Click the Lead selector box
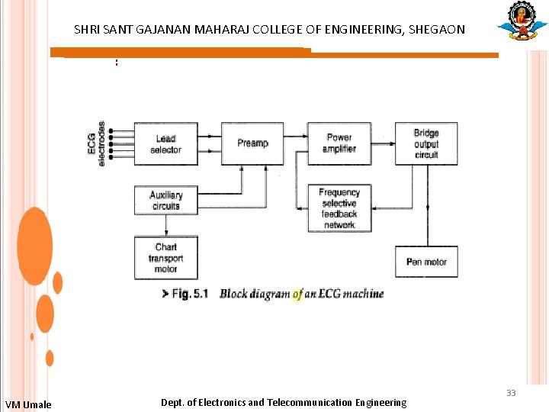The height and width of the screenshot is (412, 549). click(165, 143)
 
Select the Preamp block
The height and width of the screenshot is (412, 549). click(252, 143)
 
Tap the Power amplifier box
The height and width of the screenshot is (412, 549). click(339, 143)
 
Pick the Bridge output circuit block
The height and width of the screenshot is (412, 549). click(426, 143)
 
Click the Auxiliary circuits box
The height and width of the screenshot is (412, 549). click(165, 200)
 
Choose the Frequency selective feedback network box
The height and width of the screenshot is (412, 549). click(339, 208)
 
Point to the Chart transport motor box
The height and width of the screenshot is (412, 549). click(165, 257)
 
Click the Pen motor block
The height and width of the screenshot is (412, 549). click(426, 262)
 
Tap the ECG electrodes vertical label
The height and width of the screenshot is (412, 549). click(97, 143)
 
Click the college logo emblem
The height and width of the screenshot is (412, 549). click(522, 21)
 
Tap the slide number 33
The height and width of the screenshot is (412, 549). click(511, 393)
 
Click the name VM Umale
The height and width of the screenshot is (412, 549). click(28, 404)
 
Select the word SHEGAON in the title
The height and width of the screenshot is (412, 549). click(437, 31)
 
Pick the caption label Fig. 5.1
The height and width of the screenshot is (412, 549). click(190, 294)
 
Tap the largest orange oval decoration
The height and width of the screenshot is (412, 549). click(34, 246)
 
